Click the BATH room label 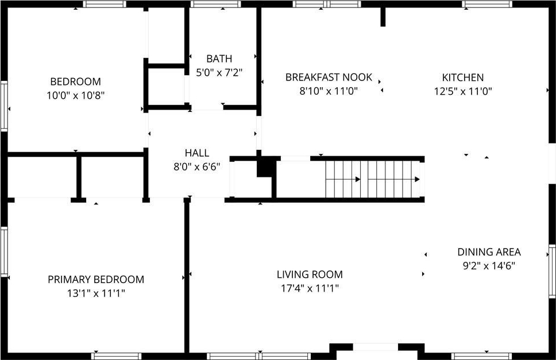219,59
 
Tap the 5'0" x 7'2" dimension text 219,73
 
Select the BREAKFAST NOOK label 329,78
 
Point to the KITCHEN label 463,78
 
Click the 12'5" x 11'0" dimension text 463,91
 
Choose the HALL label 197,153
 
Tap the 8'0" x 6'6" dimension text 197,167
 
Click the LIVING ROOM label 310,274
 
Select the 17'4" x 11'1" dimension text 310,288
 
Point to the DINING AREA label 489,252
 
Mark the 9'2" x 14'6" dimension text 489,266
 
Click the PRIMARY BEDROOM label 96,279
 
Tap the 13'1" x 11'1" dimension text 96,293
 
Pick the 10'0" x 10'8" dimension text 75,95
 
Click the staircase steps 372,179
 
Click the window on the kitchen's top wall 487,4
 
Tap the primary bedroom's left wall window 4,251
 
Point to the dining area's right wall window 552,270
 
